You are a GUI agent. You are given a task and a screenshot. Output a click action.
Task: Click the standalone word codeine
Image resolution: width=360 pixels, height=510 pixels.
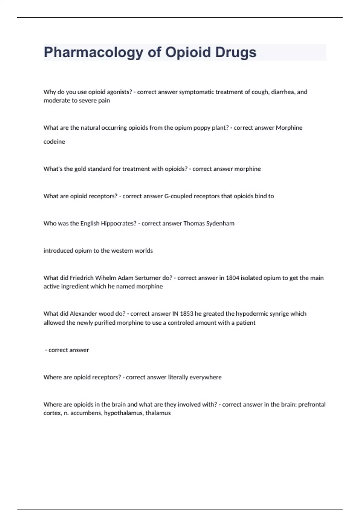(54, 142)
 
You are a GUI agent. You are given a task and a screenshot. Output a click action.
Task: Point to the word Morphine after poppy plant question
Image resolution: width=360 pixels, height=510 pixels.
(289, 127)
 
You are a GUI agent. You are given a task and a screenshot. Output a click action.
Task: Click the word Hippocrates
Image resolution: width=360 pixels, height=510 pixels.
(118, 223)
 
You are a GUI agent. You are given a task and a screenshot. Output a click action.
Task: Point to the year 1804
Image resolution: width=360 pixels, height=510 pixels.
(232, 278)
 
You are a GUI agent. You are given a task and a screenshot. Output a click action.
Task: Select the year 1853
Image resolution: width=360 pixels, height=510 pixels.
(187, 314)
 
